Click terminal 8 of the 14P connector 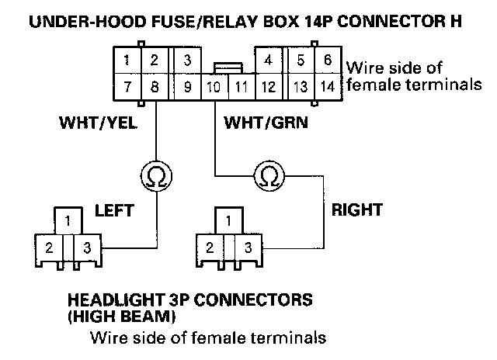tap(155, 87)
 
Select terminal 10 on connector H tap(214, 87)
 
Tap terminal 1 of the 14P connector tap(127, 61)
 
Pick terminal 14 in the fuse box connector tap(328, 87)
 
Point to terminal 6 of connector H tap(328, 61)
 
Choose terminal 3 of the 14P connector tap(188, 61)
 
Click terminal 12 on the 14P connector tap(269, 87)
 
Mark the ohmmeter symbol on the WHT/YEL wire tap(156, 176)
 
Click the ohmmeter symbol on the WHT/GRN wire tap(269, 176)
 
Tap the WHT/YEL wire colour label tap(99, 123)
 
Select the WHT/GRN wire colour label tap(266, 123)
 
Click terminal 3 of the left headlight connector tap(88, 248)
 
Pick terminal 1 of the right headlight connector tap(229, 221)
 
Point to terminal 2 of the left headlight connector tap(49, 248)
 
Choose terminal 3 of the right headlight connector tap(248, 248)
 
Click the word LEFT tap(115, 210)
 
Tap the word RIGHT tap(357, 209)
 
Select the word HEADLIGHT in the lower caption tap(116, 299)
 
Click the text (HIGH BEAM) tap(122, 317)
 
